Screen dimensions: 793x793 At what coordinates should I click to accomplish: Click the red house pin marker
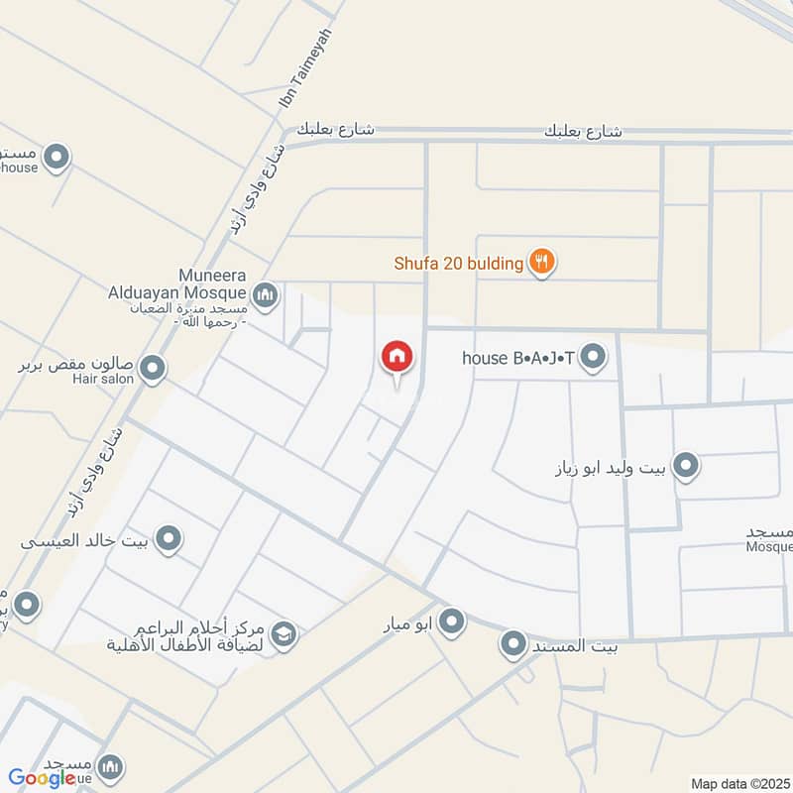click(396, 358)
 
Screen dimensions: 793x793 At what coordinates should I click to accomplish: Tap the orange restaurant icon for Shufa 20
click(541, 263)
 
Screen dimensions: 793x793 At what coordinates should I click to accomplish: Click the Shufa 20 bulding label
click(459, 263)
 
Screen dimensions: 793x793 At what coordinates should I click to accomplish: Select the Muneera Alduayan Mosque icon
click(265, 294)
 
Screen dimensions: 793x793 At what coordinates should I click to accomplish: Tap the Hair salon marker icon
click(153, 370)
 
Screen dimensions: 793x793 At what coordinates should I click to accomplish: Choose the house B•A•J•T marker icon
click(593, 357)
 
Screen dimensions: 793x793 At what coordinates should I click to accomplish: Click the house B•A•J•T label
click(518, 357)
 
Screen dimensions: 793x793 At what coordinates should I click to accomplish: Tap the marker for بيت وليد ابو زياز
click(685, 464)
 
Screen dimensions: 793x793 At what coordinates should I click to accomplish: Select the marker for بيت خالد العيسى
click(170, 539)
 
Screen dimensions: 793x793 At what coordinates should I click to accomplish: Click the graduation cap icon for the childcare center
click(283, 633)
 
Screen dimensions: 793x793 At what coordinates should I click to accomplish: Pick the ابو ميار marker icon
click(452, 623)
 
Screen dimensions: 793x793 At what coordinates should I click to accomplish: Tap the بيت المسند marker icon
click(513, 646)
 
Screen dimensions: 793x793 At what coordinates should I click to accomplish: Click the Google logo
click(42, 777)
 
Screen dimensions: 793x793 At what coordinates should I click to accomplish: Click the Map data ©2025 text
click(739, 783)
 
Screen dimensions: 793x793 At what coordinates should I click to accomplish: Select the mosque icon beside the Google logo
click(110, 766)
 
